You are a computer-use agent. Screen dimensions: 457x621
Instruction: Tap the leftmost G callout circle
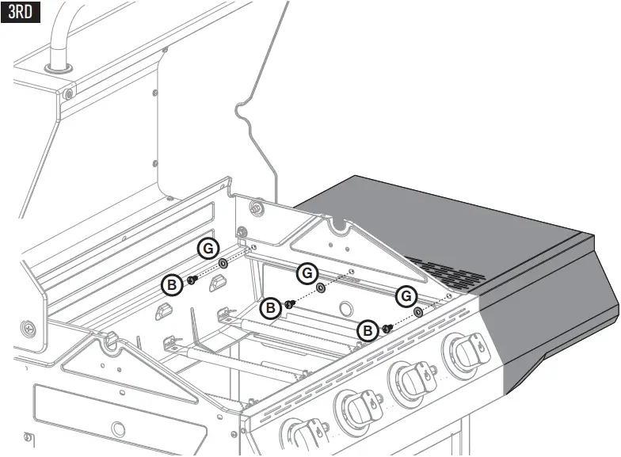point(208,248)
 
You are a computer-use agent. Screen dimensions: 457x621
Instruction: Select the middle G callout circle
point(307,273)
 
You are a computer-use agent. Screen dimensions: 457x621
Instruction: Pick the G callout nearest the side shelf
point(406,296)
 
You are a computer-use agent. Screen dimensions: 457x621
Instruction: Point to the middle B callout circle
point(270,307)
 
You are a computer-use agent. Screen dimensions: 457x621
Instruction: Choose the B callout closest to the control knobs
point(367,331)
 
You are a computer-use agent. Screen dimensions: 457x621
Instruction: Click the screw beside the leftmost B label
point(192,279)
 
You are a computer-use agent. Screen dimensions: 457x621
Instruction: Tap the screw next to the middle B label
point(290,303)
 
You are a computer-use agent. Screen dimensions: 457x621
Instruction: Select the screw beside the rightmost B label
point(387,327)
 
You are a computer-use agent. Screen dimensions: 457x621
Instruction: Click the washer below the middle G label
point(321,288)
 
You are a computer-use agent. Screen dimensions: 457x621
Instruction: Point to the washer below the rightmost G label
point(418,312)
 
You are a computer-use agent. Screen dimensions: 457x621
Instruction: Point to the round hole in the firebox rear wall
point(345,308)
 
